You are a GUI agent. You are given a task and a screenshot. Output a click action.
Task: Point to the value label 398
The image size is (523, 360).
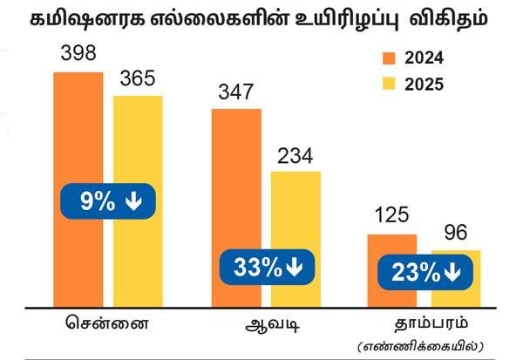pos(78,54)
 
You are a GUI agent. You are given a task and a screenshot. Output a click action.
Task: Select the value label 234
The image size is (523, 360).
pos(295,155)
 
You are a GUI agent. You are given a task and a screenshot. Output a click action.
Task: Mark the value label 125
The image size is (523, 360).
pos(391,216)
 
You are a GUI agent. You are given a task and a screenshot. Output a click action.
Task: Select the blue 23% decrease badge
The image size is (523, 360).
pos(425,273)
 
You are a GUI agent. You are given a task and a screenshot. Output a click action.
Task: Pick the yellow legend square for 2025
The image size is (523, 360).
pos(389,85)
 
